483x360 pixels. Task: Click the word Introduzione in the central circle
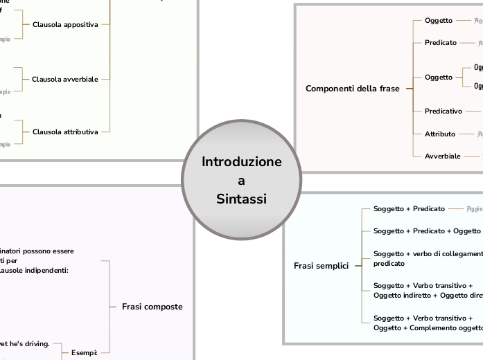[242, 162]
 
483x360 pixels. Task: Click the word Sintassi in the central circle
[241, 199]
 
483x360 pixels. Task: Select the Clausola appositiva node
[65, 24]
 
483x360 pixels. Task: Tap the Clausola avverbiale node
[65, 79]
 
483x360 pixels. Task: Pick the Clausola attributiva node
[65, 131]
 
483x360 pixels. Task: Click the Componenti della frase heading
[353, 89]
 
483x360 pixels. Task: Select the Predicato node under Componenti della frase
[440, 43]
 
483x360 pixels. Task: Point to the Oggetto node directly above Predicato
[438, 21]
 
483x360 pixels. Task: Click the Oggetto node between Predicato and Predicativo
[438, 77]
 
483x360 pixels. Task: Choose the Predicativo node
[444, 111]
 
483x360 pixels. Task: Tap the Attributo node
[440, 134]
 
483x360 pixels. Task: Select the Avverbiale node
[442, 156]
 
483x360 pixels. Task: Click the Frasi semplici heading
[321, 266]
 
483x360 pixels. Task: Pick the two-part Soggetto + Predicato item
[409, 208]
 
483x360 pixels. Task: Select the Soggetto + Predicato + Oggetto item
[427, 231]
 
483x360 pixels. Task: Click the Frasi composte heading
[152, 307]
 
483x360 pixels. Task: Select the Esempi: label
[84, 352]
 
